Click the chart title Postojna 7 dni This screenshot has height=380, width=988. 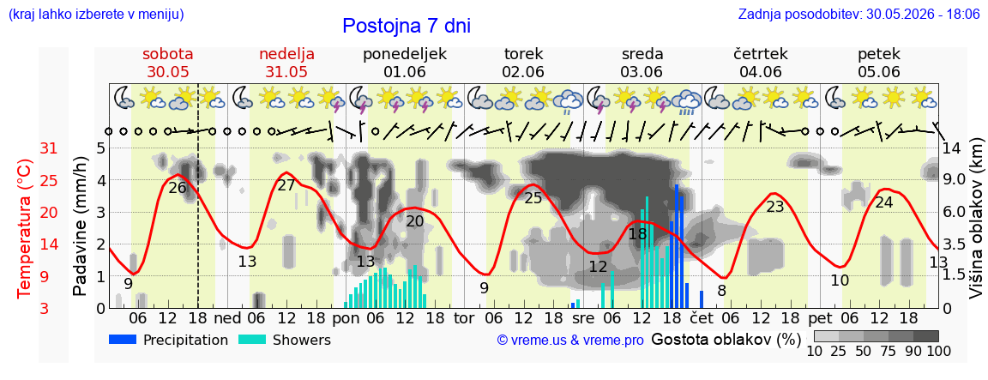tap(407, 26)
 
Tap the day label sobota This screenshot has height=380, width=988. tap(167, 54)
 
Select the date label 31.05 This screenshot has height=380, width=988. tap(286, 71)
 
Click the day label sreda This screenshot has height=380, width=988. tap(642, 54)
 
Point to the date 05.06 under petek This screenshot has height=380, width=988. tap(879, 71)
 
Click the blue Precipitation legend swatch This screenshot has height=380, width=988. tap(123, 340)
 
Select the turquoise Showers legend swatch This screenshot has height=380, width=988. tap(253, 340)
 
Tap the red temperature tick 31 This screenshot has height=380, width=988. tap(49, 148)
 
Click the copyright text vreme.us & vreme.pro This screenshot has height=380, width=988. tap(570, 341)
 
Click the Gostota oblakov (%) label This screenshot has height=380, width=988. tap(726, 340)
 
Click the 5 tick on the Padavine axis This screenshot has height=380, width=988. tap(99, 148)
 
